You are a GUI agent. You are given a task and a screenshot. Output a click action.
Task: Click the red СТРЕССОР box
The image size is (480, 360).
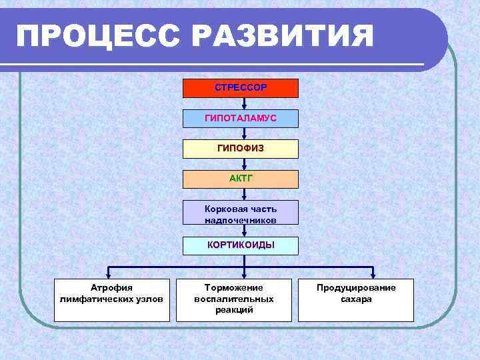241,88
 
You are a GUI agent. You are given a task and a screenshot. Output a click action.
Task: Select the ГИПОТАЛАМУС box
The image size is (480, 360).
241,118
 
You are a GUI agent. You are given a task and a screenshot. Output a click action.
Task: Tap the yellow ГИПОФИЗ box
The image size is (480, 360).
241,148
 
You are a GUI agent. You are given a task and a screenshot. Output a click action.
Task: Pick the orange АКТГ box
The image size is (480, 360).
241,179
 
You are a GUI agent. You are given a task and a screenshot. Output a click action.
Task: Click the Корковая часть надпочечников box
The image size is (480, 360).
241,213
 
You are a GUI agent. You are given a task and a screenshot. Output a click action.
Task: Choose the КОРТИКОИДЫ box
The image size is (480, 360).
241,245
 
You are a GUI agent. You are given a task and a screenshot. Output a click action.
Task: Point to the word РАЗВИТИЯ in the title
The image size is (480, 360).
283,36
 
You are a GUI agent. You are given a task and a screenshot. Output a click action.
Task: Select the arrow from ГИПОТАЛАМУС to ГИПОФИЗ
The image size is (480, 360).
245,133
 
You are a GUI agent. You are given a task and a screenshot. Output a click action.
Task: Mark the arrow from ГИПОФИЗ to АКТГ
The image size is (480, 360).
245,164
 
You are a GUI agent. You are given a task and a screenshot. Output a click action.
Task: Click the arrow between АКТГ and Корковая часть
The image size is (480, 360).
245,195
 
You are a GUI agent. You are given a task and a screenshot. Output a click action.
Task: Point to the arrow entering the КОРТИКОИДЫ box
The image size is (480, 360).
245,231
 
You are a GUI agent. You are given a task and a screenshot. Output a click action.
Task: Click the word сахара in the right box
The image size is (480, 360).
356,299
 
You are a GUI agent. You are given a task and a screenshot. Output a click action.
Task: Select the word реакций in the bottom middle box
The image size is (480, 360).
234,310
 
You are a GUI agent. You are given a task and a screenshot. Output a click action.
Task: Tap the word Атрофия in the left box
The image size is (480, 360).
111,287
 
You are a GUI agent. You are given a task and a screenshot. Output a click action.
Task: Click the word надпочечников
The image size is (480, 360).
241,219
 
